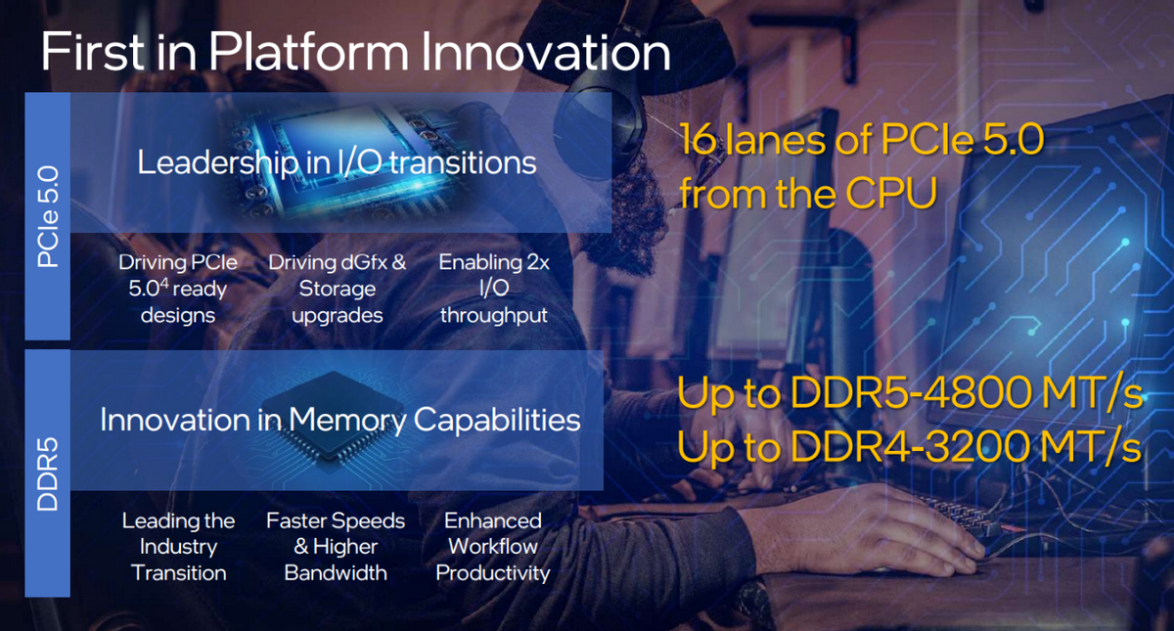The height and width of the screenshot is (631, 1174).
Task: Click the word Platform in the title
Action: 309,52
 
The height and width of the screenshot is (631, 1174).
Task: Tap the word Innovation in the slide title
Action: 546,52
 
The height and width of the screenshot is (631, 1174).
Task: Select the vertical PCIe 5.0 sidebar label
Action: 48,216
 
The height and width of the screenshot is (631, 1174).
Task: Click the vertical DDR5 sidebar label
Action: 48,473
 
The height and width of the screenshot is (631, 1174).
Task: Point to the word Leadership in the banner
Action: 218,162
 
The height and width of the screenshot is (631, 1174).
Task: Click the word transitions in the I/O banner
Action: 463,162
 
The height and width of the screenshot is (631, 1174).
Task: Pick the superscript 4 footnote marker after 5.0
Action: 164,283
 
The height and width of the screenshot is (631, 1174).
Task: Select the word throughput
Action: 494,315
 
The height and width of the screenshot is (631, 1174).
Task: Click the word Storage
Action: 337,289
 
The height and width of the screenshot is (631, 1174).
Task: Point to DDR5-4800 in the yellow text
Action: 911,392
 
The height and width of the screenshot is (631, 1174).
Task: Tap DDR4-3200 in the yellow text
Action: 911,446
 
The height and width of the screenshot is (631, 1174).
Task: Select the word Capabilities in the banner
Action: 497,421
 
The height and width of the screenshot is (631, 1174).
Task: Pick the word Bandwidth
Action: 336,573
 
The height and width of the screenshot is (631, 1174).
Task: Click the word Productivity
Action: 493,573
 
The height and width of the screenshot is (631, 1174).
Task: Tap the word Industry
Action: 178,547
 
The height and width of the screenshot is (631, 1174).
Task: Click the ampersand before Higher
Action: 301,547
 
